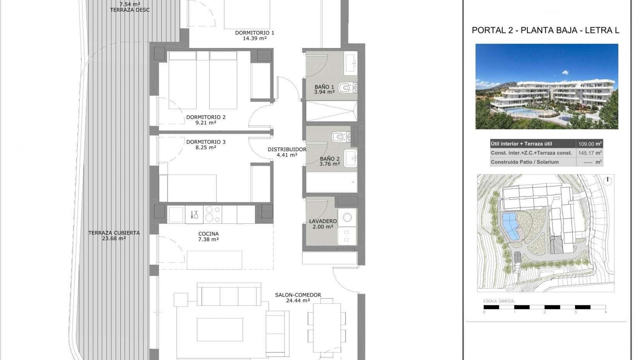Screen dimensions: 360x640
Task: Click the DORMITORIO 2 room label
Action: point(206,117)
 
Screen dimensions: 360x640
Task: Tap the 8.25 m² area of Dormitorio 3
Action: point(206,147)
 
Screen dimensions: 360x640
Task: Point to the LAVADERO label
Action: point(323,221)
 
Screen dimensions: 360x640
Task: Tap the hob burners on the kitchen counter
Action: point(213,214)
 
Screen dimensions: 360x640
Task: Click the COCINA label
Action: point(208,234)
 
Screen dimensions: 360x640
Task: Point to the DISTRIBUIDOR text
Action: point(287,150)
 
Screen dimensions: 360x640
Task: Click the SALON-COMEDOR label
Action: point(298,295)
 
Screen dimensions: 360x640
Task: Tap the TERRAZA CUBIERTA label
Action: point(114,233)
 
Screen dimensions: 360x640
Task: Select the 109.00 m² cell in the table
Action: point(589,144)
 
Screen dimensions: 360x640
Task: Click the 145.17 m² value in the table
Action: point(589,153)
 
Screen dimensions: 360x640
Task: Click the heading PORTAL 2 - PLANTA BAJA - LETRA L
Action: point(545,30)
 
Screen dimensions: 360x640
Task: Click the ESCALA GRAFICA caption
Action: point(499,301)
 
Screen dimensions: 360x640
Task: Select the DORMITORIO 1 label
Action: point(254,33)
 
